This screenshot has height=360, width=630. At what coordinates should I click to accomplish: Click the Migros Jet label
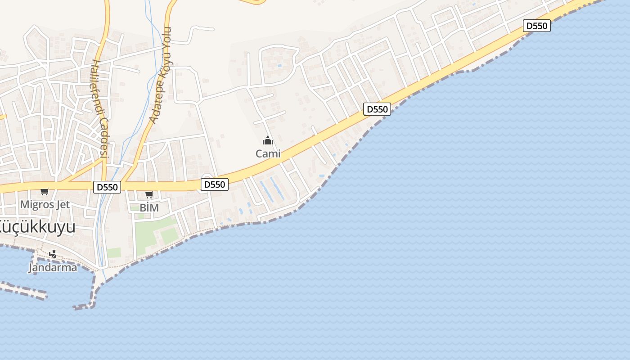point(45,205)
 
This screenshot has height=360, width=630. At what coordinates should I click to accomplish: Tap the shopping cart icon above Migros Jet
point(45,192)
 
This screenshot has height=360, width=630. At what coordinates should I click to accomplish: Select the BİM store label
point(149,208)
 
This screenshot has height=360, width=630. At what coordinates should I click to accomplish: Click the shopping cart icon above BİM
point(149,195)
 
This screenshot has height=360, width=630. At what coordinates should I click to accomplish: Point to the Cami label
point(268,154)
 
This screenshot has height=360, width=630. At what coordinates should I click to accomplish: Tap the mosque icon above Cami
point(268,141)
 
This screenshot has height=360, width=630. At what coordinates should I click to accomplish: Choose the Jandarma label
point(53,267)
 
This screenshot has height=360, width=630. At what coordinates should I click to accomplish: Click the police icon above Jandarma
point(53,254)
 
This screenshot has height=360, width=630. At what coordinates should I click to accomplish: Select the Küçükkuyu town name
point(37,227)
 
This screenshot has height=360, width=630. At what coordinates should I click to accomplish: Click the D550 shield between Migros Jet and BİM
point(107,187)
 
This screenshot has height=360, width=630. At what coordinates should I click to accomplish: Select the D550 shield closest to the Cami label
point(214,184)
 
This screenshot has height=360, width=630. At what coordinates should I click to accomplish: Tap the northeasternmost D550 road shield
point(536,26)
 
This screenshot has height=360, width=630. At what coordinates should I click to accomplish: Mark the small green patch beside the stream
point(114,252)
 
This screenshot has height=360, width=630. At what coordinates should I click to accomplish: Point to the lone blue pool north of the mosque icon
point(280,66)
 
